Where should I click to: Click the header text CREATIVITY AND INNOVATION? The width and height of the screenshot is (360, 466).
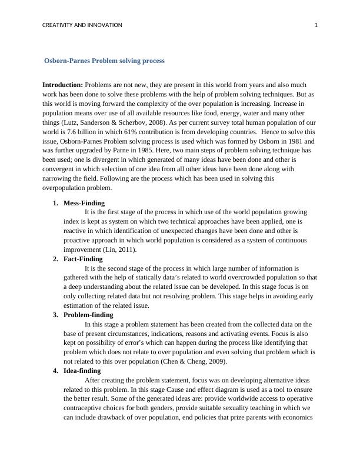tap(82, 25)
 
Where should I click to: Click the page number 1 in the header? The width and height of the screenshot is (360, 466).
tap(316, 25)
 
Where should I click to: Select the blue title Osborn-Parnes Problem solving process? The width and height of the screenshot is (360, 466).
tap(105, 61)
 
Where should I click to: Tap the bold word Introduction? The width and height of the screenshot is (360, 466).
tap(62, 85)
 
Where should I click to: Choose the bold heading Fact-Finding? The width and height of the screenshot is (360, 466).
tap(83, 259)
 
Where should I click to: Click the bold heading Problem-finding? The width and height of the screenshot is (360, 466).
tap(88, 315)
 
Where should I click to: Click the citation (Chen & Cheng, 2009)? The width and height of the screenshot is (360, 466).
tap(191, 361)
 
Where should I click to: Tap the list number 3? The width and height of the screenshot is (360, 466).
tap(55, 315)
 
